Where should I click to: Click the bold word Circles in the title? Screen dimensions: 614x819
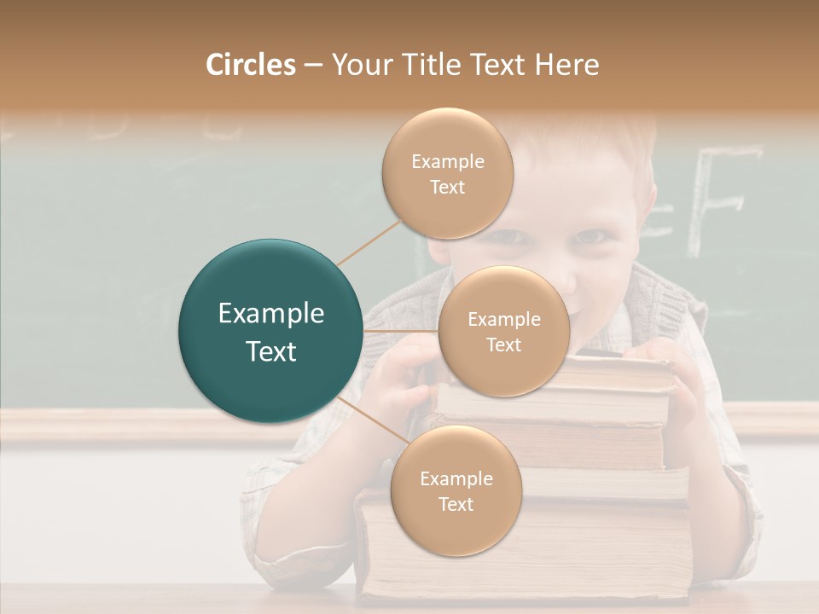250,65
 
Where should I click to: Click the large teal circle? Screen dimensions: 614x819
270,331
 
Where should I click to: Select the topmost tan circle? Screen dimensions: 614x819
447,173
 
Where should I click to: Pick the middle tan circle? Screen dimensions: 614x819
503,331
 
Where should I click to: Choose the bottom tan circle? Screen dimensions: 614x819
456,490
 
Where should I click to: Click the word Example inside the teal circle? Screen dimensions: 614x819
270,314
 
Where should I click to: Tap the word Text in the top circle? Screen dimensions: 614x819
447,188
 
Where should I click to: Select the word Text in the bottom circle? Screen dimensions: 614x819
456,505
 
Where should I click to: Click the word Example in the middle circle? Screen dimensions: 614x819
503,319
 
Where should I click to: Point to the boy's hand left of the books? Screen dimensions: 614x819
401,375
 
